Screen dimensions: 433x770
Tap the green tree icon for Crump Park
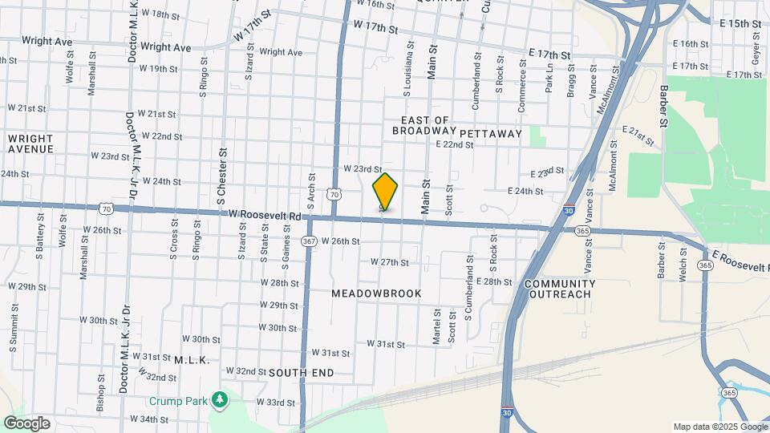pyautogui.click(x=219, y=400)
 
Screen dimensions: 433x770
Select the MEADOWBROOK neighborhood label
pyautogui.click(x=376, y=293)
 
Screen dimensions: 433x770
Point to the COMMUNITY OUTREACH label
pyautogui.click(x=560, y=289)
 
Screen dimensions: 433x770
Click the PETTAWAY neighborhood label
pyautogui.click(x=491, y=133)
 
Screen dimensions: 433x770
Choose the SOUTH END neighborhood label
pyautogui.click(x=299, y=373)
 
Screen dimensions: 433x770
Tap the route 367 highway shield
pyautogui.click(x=308, y=241)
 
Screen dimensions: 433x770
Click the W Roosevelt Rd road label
pyautogui.click(x=265, y=216)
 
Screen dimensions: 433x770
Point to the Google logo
pyautogui.click(x=26, y=423)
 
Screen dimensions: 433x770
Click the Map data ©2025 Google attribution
pyautogui.click(x=719, y=427)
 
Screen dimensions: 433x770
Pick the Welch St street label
pyautogui.click(x=684, y=264)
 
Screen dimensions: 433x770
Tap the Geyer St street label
pyautogui.click(x=756, y=49)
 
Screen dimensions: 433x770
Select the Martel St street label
pyautogui.click(x=436, y=327)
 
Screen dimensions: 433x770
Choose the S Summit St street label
pyautogui.click(x=14, y=333)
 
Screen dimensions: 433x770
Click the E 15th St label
pyautogui.click(x=740, y=24)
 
